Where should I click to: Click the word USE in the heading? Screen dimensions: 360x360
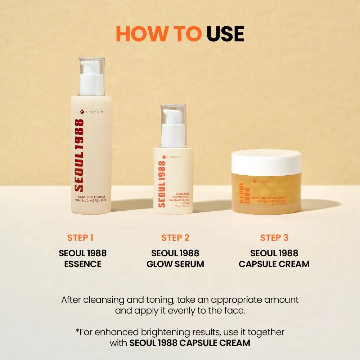click(x=225, y=34)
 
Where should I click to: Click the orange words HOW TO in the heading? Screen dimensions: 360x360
click(x=159, y=34)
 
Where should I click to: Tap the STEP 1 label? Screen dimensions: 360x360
click(x=80, y=238)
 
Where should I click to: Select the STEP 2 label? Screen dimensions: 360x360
click(x=175, y=238)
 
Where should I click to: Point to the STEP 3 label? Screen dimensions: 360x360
click(x=274, y=238)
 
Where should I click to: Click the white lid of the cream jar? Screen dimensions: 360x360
click(x=266, y=162)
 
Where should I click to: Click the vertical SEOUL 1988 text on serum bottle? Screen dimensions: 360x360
click(x=162, y=184)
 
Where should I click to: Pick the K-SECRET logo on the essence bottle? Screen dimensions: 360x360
click(x=92, y=112)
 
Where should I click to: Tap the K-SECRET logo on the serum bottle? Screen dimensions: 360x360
click(x=172, y=157)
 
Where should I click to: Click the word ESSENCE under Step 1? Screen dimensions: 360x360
click(x=83, y=264)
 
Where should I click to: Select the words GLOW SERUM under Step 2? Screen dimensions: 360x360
click(x=175, y=264)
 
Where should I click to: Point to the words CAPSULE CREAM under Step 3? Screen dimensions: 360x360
click(x=274, y=264)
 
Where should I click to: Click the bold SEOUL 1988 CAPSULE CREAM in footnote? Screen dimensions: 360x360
click(x=190, y=343)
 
